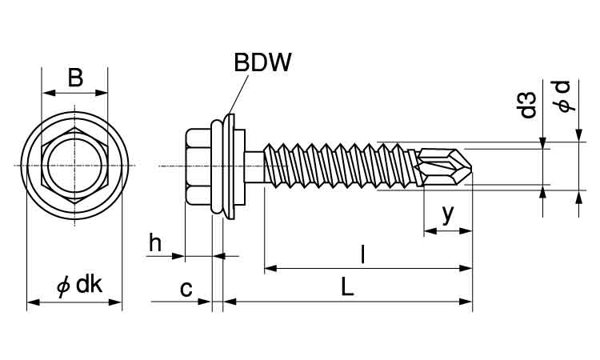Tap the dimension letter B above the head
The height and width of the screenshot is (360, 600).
[x=74, y=77]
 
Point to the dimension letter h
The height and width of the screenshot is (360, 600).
[x=155, y=243]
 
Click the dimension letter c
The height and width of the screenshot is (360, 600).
[x=186, y=288]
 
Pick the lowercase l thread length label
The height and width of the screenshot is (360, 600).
[x=363, y=254]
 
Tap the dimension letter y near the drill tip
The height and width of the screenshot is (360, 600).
[x=448, y=214]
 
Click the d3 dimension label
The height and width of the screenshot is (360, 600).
[x=527, y=106]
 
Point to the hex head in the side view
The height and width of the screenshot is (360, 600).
[x=198, y=166]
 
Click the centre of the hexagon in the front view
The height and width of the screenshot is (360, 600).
[x=74, y=165]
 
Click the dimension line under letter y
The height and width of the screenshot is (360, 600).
[x=448, y=230]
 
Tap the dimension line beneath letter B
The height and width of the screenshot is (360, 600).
[x=74, y=93]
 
